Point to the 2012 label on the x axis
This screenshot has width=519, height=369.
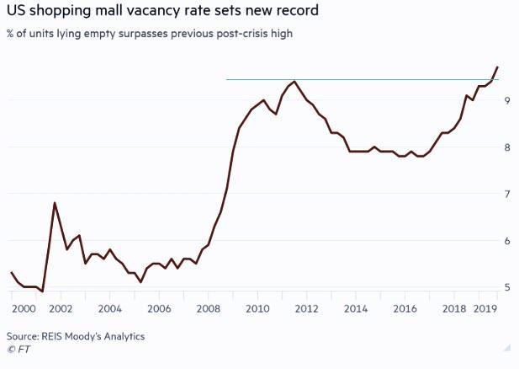[x=305, y=309]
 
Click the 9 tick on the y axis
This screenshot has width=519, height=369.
[x=506, y=100]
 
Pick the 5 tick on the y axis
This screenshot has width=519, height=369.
[x=506, y=287]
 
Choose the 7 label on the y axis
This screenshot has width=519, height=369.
[x=506, y=194]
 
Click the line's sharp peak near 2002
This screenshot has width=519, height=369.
[x=55, y=203]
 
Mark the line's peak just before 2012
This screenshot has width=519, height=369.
[x=294, y=82]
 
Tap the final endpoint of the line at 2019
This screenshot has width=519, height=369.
[x=498, y=67]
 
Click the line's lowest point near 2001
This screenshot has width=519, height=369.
[x=42, y=291]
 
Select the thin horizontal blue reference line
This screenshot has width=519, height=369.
[x=362, y=80]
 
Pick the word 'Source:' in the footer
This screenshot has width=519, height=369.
[x=24, y=336]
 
